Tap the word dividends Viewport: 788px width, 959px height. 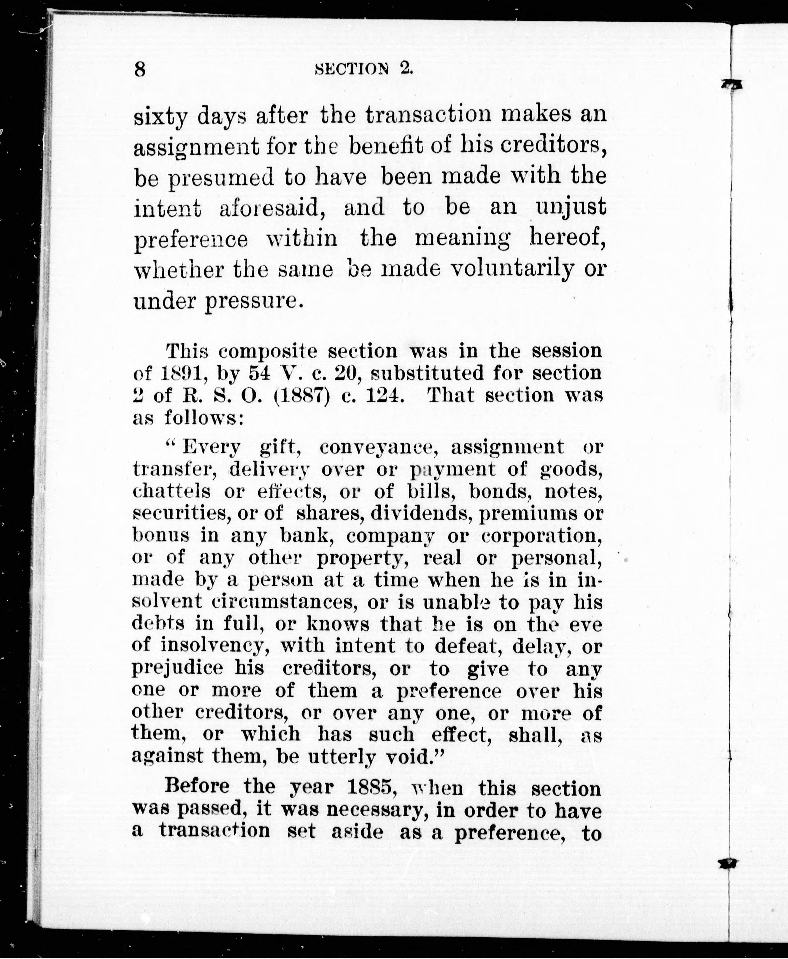coord(422,514)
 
